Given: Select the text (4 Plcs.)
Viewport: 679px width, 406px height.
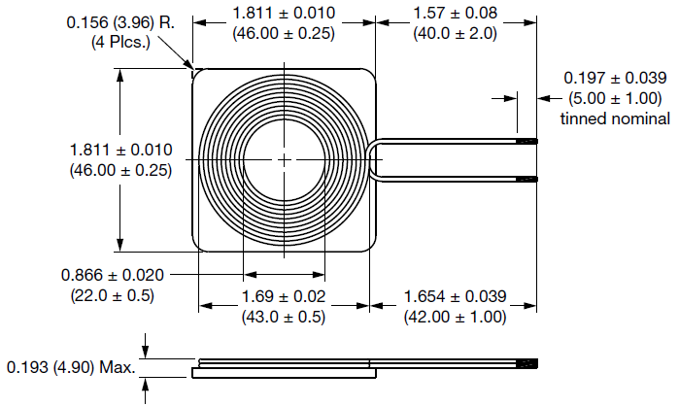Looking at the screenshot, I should pos(121,44).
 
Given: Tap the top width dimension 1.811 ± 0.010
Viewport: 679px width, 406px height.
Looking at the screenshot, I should pos(284,13).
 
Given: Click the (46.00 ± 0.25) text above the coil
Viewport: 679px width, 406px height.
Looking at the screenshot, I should pos(284,33).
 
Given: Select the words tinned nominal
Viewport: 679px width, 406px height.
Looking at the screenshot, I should pos(615,118).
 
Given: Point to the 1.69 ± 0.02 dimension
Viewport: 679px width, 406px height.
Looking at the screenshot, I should pos(283,295).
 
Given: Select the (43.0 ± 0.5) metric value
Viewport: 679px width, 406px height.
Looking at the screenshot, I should pos(283,316).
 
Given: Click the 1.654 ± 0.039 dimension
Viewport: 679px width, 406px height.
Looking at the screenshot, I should pos(456,295).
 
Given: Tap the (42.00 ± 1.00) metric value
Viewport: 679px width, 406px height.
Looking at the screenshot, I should pos(456,316).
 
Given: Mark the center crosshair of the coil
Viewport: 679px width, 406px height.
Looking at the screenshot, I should pos(284,159).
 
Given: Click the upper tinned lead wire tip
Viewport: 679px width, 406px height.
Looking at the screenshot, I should pos(526,142).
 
